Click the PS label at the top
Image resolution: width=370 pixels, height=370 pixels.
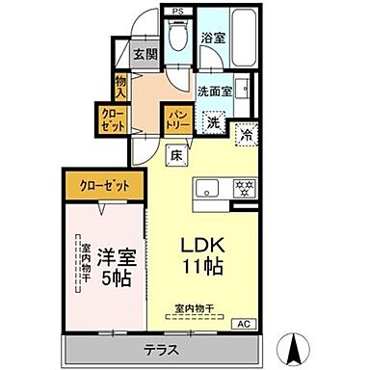177,11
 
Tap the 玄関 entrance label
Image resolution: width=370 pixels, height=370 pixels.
145,56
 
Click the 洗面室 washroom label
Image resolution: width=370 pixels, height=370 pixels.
215,92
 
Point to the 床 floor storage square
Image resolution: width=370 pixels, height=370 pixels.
177,152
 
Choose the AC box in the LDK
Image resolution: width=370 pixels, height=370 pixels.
244,324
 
